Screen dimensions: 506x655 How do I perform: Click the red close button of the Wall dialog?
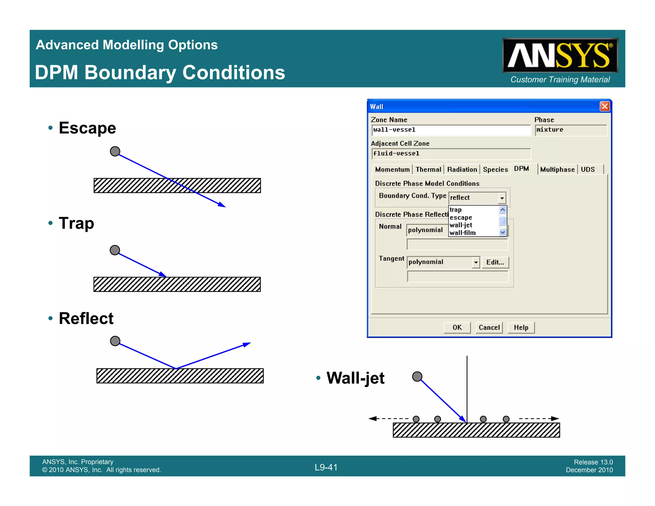click(604, 106)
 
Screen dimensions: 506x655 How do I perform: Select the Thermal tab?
click(428, 170)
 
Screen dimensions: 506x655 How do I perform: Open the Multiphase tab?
click(557, 170)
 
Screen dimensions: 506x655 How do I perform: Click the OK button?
click(457, 328)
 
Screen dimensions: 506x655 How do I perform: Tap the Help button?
click(521, 328)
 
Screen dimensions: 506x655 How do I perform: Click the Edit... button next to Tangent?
click(495, 262)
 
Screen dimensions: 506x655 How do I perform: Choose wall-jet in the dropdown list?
click(461, 225)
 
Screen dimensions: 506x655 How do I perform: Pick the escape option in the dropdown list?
click(461, 217)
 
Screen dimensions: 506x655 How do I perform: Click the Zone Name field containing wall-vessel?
click(451, 130)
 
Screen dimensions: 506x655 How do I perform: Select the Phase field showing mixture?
click(571, 130)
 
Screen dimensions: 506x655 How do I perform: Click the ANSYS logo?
click(560, 55)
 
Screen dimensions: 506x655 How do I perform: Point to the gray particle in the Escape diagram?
click(115, 151)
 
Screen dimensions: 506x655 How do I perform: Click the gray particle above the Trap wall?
click(115, 250)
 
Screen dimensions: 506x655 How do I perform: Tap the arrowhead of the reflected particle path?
click(247, 344)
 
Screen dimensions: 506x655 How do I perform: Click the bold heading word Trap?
click(76, 223)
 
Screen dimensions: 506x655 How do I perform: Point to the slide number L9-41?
click(326, 467)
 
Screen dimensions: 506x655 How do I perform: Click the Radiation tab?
click(462, 170)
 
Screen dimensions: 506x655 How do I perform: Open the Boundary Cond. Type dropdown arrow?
click(502, 198)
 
